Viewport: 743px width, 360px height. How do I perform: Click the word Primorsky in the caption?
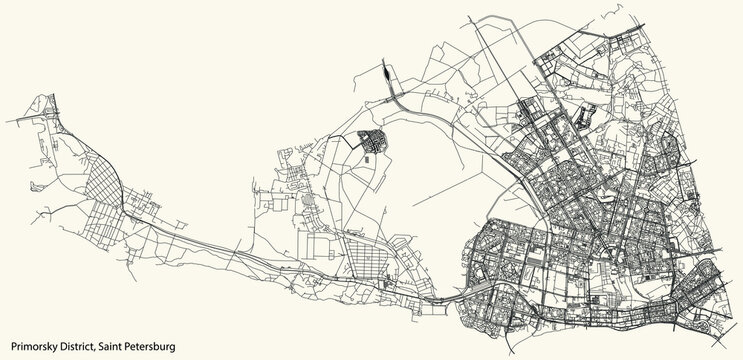pyautogui.click(x=32, y=345)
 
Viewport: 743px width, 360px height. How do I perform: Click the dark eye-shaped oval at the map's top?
pyautogui.click(x=386, y=73)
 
